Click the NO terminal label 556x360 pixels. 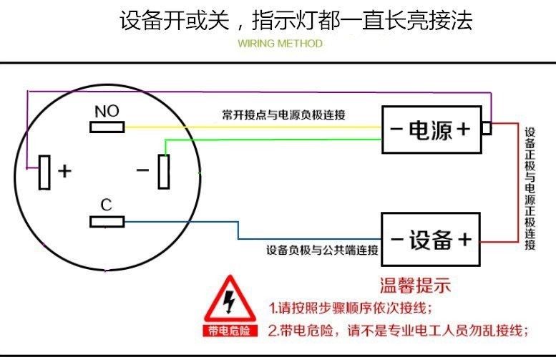(107, 111)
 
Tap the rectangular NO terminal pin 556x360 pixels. (107, 127)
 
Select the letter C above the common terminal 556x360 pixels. (107, 205)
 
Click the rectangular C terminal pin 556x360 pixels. (107, 222)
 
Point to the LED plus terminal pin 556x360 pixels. (44, 172)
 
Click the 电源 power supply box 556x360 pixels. (432, 130)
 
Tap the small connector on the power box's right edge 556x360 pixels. (487, 128)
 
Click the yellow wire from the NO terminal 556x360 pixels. (250, 127)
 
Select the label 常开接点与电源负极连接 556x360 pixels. (283, 114)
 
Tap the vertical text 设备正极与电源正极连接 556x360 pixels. (530, 188)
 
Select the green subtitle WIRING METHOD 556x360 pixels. (280, 44)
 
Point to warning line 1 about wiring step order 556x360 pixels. (351, 308)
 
